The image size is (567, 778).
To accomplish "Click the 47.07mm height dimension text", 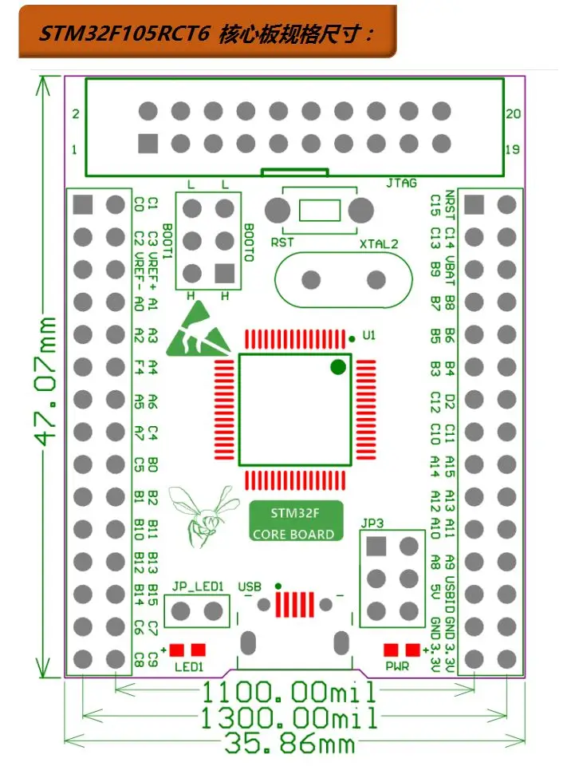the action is [45, 381].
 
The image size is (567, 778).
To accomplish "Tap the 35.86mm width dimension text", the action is [289, 743].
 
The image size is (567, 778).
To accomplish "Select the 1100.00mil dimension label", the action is [289, 692].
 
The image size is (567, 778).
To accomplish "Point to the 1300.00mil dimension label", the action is [289, 717].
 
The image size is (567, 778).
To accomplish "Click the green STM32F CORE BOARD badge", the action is [296, 522].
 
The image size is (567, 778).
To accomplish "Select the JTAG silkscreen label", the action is [401, 183].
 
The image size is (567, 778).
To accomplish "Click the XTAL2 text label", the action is [379, 244].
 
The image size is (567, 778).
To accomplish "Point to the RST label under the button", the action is [282, 243].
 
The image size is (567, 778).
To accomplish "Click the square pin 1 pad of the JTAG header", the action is [148, 144].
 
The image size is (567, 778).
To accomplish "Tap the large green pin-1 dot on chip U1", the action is [338, 367].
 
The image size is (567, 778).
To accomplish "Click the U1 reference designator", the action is [369, 335].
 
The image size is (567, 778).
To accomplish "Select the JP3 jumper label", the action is [372, 523].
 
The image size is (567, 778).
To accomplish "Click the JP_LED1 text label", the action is [198, 586].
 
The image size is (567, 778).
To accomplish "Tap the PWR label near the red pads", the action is [397, 666].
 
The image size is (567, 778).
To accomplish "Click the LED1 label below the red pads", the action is [189, 667].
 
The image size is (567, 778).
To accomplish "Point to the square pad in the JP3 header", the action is [376, 547].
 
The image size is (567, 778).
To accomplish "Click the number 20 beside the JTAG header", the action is [514, 113].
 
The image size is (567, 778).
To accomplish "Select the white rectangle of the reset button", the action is [320, 211].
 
